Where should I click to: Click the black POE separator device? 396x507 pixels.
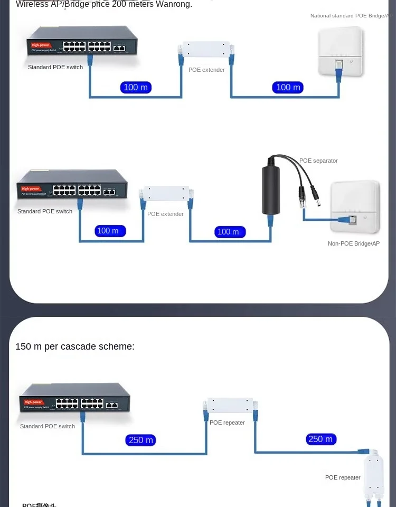pos(270,190)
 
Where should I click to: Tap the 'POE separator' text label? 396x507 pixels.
pos(318,161)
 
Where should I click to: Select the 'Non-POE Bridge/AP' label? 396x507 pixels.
pos(353,243)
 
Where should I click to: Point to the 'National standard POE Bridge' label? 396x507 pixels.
pos(349,16)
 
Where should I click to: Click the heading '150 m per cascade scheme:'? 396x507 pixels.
pos(75,346)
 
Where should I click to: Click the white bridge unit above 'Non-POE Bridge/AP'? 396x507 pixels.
pos(355,206)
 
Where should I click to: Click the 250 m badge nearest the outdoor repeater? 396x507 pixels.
pos(320,439)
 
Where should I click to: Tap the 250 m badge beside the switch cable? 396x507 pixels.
pos(141,440)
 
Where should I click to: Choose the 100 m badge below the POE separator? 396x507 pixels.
pos(228,231)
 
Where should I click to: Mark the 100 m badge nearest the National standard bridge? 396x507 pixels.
pos(288,87)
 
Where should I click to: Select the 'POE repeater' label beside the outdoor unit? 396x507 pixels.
pos(343,477)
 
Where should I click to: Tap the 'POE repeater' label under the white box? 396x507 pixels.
pos(227,422)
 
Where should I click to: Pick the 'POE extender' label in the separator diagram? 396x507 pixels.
pos(165,214)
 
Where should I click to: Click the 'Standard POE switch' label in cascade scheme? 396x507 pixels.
pos(48,426)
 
